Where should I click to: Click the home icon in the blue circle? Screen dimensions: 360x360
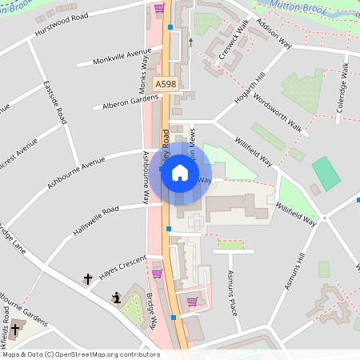click(x=180, y=172)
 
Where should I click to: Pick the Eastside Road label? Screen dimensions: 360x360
click(x=56, y=102)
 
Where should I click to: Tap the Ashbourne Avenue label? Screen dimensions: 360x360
click(x=76, y=172)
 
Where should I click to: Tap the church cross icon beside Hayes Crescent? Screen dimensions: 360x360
click(x=88, y=279)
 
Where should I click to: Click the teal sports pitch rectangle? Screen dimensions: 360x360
click(x=325, y=173)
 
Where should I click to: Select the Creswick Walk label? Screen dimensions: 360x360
click(x=233, y=45)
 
